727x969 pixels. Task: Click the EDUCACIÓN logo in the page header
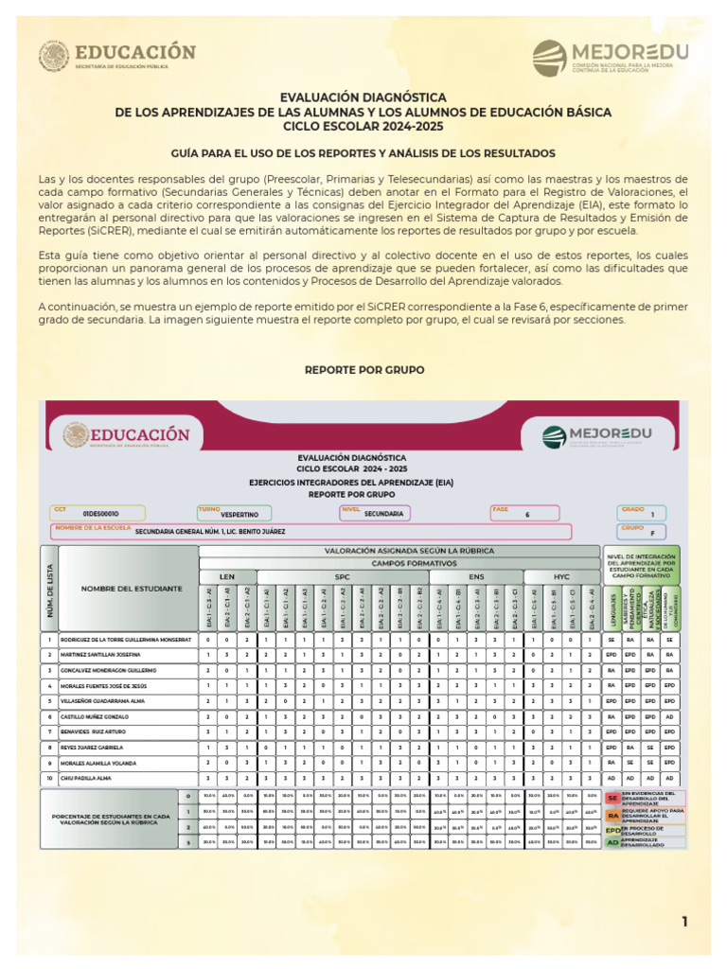[117, 56]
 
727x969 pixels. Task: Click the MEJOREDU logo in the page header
[610, 58]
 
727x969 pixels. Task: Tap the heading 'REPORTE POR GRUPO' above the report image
[363, 369]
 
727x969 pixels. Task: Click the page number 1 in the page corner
[684, 922]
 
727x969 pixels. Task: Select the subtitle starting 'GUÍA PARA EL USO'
[363, 152]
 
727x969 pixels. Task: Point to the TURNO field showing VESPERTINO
[234, 513]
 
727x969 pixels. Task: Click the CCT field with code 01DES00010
[99, 513]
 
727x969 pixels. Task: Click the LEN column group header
[227, 575]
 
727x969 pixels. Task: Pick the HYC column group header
[561, 575]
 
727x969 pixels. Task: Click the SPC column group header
[342, 575]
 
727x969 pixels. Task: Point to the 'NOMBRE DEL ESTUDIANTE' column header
[131, 589]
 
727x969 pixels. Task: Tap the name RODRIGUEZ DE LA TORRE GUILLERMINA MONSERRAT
[125, 640]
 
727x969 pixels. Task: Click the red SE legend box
[612, 797]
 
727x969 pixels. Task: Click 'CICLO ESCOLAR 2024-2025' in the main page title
[363, 125]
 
